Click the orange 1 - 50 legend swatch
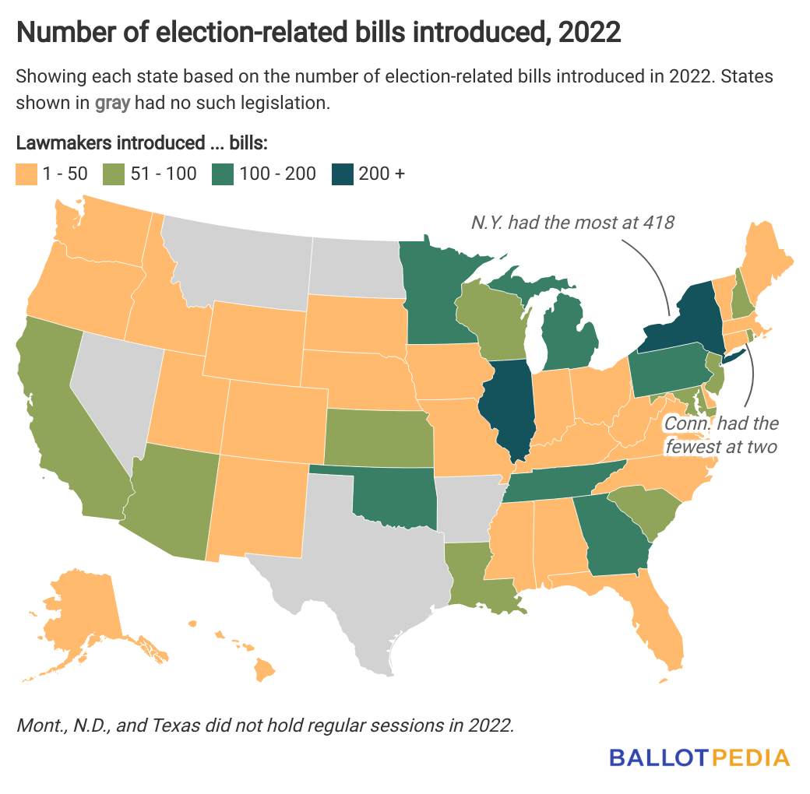pyautogui.click(x=26, y=174)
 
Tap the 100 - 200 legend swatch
pyautogui.click(x=221, y=174)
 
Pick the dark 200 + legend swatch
pyautogui.click(x=341, y=174)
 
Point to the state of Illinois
pyautogui.click(x=506, y=405)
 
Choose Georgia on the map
pyautogui.click(x=615, y=537)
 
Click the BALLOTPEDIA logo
pyautogui.click(x=699, y=757)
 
